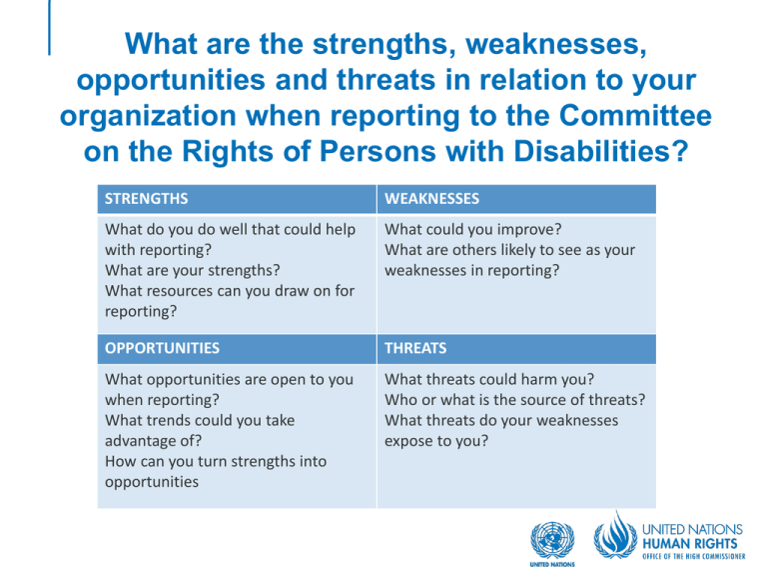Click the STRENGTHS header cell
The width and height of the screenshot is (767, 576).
[237, 199]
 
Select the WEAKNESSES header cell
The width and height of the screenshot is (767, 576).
[516, 199]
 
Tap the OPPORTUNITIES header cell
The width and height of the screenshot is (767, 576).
[237, 349]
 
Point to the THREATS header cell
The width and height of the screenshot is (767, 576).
[516, 349]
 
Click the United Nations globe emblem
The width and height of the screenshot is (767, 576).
[552, 541]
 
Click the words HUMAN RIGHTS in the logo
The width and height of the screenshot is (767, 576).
[690, 544]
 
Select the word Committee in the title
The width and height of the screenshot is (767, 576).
[635, 116]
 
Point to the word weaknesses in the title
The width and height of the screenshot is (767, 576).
[556, 44]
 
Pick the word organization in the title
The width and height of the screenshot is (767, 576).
[148, 117]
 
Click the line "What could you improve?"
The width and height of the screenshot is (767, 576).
[473, 230]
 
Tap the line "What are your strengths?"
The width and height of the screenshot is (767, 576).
[193, 270]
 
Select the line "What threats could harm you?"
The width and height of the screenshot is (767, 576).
[489, 380]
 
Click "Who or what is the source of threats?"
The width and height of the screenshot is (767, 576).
[515, 400]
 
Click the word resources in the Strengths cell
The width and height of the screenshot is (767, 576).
[180, 291]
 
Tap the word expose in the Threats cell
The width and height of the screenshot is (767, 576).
[407, 442]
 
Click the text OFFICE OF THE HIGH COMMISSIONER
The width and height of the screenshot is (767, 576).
[694, 556]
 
